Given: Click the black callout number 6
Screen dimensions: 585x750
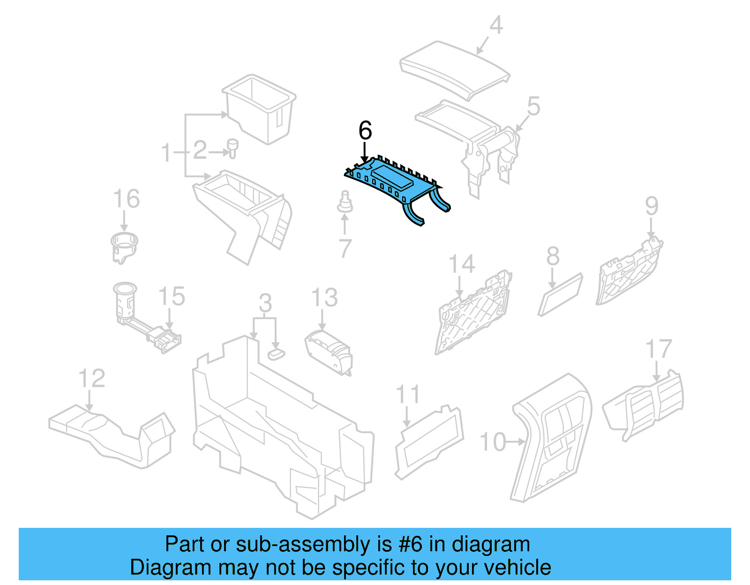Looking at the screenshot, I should (x=365, y=130).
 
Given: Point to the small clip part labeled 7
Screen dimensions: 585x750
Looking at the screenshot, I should (x=345, y=203).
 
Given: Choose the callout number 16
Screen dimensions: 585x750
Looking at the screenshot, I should (x=127, y=199).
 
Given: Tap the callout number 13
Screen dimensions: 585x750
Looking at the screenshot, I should (x=324, y=298).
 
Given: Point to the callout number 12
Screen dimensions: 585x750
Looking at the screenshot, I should (x=91, y=378).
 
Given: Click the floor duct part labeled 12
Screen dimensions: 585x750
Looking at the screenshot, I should (x=112, y=433).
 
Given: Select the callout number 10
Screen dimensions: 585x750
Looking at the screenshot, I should (x=493, y=442).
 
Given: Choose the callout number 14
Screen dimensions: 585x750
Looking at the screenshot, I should (x=462, y=264).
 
